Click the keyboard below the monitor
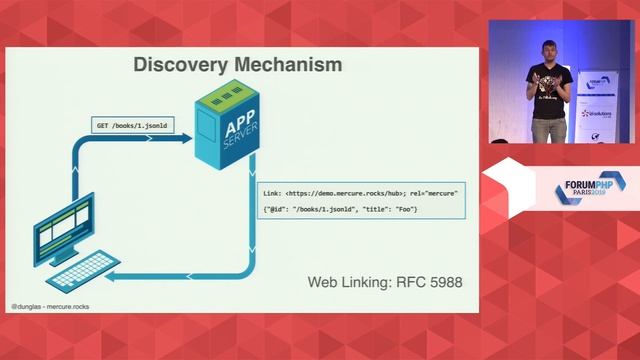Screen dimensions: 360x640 [86, 271]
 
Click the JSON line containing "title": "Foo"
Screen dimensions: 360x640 [340, 208]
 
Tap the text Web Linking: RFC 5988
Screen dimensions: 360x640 [384, 283]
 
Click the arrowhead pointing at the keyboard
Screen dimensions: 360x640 [114, 276]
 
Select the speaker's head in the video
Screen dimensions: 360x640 [549, 53]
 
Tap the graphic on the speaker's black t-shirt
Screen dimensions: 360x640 [548, 85]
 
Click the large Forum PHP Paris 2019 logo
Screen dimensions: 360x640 [581, 189]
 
